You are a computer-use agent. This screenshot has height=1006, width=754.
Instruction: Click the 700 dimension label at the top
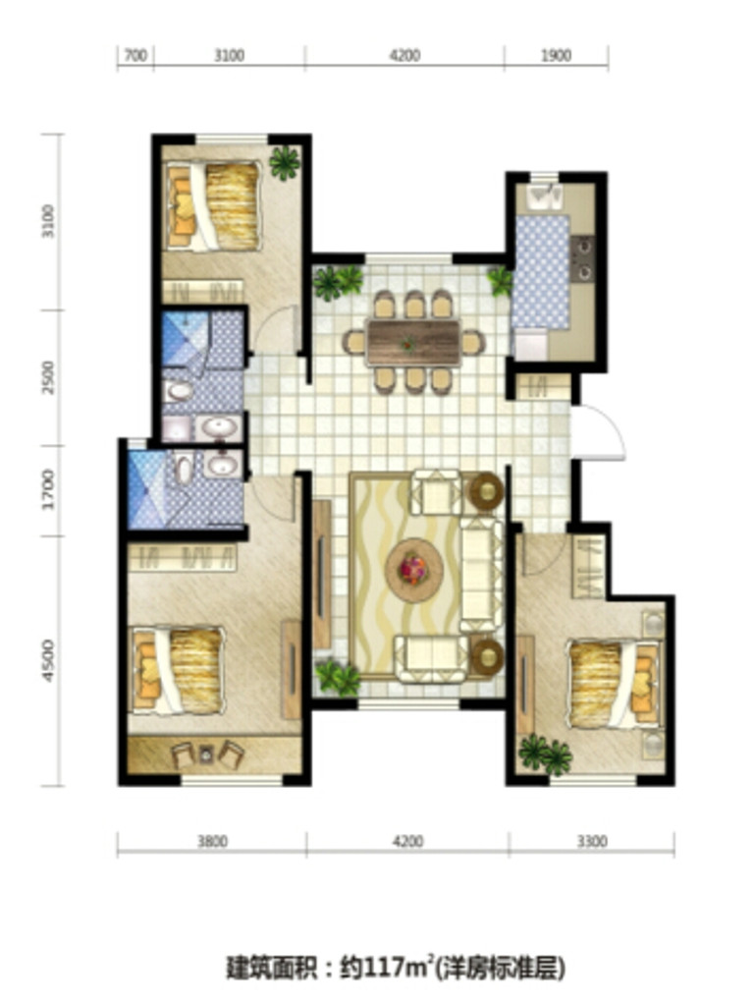(135, 56)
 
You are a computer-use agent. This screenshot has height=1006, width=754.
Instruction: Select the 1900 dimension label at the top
(556, 56)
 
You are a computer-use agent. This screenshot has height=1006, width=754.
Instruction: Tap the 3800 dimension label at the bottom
(212, 841)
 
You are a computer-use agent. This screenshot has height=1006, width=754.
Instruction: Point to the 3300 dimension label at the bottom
(591, 841)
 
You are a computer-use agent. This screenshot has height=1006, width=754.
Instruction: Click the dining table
(413, 343)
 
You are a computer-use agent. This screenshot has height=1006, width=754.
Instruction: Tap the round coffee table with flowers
(414, 569)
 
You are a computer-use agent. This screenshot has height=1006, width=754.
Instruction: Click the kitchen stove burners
(583, 258)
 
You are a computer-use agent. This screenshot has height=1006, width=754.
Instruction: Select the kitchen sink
(544, 197)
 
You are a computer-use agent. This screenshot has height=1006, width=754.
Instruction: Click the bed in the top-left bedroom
(213, 205)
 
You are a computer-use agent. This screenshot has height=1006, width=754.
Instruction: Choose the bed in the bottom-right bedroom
(614, 685)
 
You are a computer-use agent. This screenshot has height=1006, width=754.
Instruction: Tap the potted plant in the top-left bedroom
(285, 163)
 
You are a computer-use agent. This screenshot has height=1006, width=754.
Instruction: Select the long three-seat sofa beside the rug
(481, 575)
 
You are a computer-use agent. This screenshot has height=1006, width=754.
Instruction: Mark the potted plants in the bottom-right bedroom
(545, 755)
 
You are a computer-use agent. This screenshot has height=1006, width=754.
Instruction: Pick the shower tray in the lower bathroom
(149, 490)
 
